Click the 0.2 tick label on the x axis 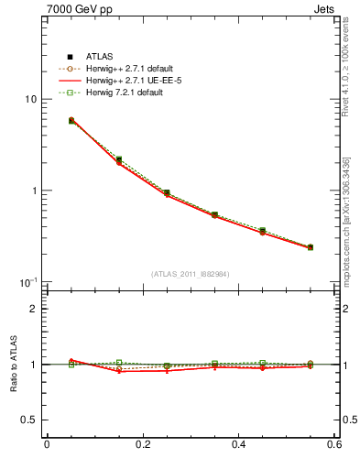click(x=142, y=445)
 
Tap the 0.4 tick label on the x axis click(x=238, y=445)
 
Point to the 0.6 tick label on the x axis click(x=333, y=445)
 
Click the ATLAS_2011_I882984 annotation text click(x=190, y=274)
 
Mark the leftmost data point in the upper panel click(x=71, y=120)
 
